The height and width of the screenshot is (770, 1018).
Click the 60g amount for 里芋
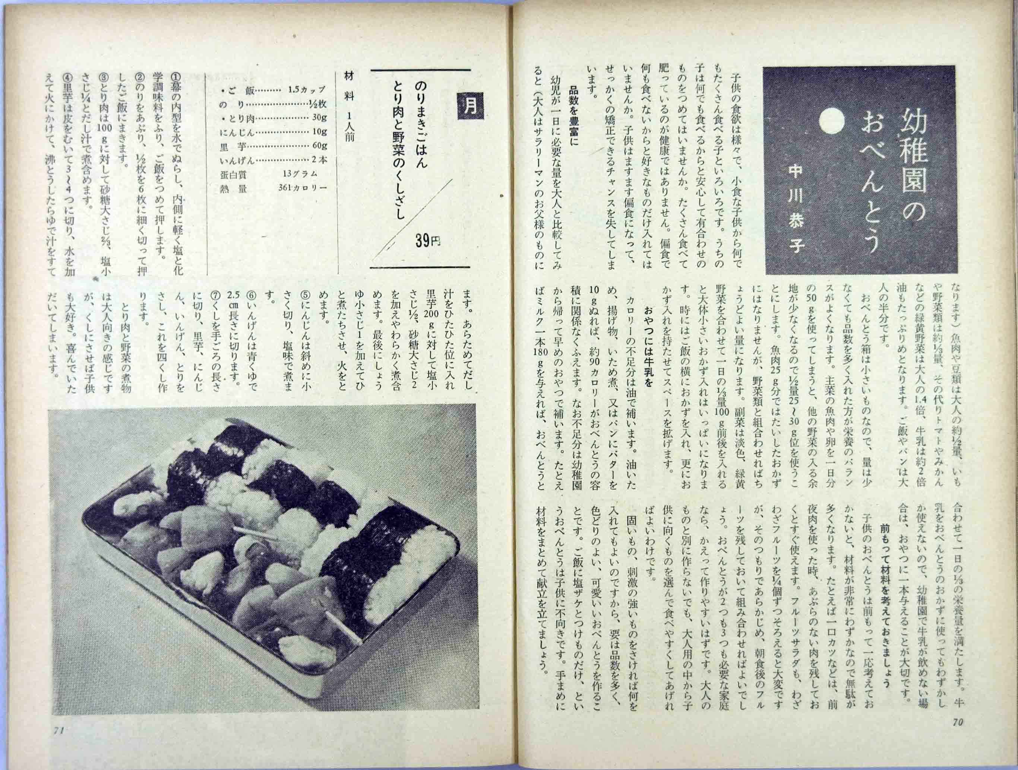click(x=319, y=146)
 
